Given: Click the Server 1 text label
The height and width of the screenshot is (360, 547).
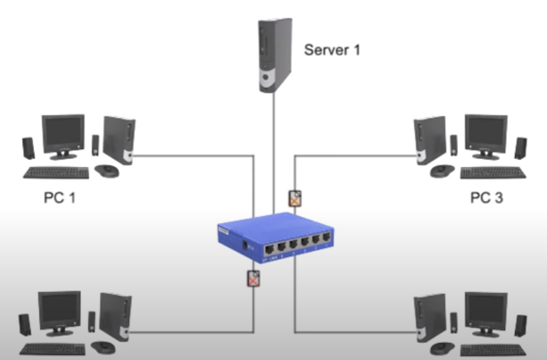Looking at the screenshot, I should point(332,50).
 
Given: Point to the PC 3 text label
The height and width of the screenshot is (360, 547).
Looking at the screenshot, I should point(487,197).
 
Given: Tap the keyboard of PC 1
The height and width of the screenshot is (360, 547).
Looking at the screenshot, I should point(56,173).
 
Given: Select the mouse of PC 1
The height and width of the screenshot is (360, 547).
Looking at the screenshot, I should point(106,170).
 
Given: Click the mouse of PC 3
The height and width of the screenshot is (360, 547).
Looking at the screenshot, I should point(441,170).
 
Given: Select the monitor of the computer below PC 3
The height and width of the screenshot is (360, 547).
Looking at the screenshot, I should point(485,312).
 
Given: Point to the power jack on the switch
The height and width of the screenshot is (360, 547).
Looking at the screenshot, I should point(245,245).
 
